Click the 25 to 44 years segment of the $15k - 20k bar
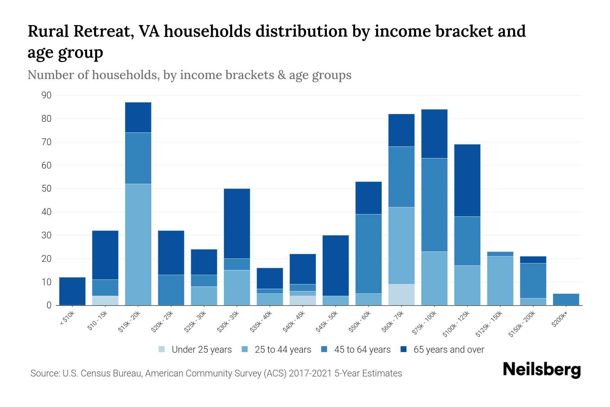[138, 244]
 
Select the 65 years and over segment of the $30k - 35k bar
[237, 224]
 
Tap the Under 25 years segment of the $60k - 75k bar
[402, 294]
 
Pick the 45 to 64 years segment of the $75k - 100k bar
[434, 205]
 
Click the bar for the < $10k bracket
[72, 291]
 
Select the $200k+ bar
[566, 299]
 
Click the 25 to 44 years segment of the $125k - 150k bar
[500, 280]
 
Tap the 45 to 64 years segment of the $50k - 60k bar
[369, 254]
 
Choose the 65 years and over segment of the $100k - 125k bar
[467, 180]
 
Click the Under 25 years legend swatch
[162, 349]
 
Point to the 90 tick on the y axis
[47, 95]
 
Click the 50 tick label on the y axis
[47, 189]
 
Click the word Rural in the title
[48, 32]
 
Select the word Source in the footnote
[44, 373]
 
